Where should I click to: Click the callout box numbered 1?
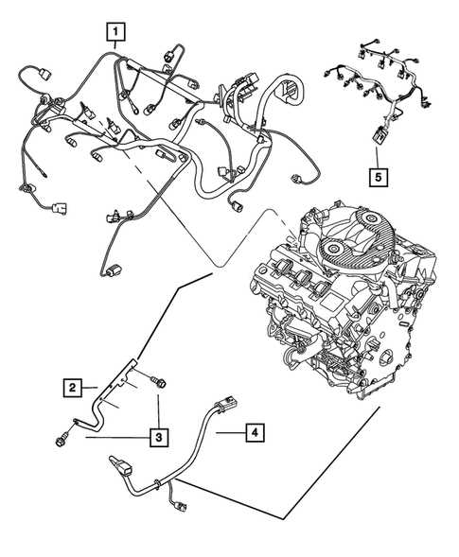[115, 32]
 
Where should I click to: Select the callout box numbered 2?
[73, 388]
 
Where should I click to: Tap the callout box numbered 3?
[159, 437]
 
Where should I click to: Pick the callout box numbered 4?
[255, 432]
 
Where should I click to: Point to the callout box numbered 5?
[379, 177]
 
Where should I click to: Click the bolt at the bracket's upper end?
[159, 382]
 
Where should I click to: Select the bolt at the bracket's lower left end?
[62, 440]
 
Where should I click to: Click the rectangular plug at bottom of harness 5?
[380, 135]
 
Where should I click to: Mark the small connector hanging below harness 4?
[180, 506]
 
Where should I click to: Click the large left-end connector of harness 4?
[121, 465]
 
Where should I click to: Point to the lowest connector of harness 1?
[112, 271]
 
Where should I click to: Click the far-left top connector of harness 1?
[44, 74]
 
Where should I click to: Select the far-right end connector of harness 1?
[297, 179]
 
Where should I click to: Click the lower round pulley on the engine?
[333, 249]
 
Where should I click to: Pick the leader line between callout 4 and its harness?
[231, 432]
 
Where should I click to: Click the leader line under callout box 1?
[115, 44]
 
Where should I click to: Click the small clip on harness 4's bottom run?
[156, 484]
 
